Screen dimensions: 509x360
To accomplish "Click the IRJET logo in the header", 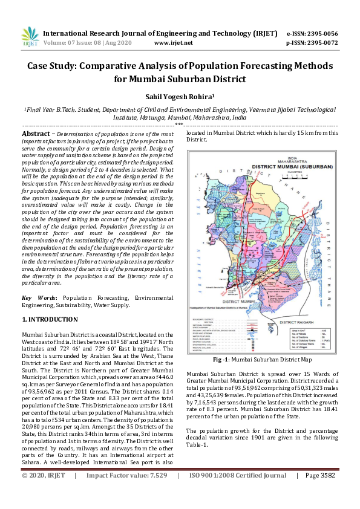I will (x=30, y=37).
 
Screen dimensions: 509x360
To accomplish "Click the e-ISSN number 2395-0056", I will (x=321, y=33).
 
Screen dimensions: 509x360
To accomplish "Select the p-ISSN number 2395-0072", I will (x=321, y=43).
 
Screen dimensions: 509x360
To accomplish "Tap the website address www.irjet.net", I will (x=173, y=43).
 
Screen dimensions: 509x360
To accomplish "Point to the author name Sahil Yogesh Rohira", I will (x=178, y=96).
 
